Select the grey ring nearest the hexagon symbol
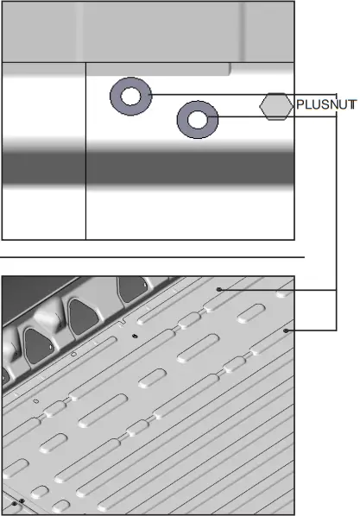click(x=197, y=120)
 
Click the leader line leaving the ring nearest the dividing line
click(x=207, y=94)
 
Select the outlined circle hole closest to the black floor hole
click(x=73, y=354)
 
